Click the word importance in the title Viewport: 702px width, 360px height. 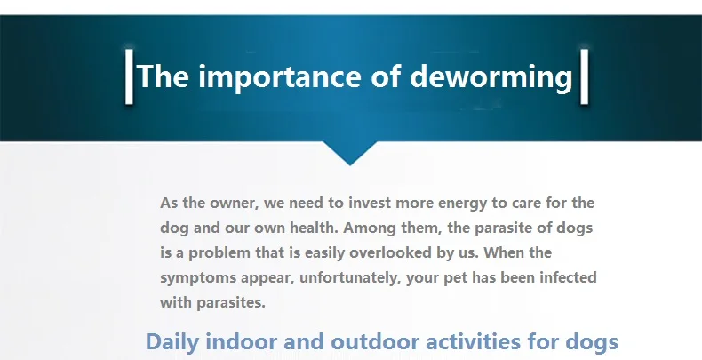pyautogui.click(x=279, y=77)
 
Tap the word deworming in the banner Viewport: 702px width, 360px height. pyautogui.click(x=491, y=77)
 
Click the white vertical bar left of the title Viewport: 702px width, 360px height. pyautogui.click(x=129, y=76)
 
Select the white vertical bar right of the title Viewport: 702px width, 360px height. pyautogui.click(x=584, y=76)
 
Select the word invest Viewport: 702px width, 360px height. pyautogui.click(x=370, y=203)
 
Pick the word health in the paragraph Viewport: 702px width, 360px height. pyautogui.click(x=314, y=228)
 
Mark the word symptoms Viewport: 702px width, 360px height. pyautogui.click(x=198, y=278)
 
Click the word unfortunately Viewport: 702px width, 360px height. pyautogui.click(x=349, y=278)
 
